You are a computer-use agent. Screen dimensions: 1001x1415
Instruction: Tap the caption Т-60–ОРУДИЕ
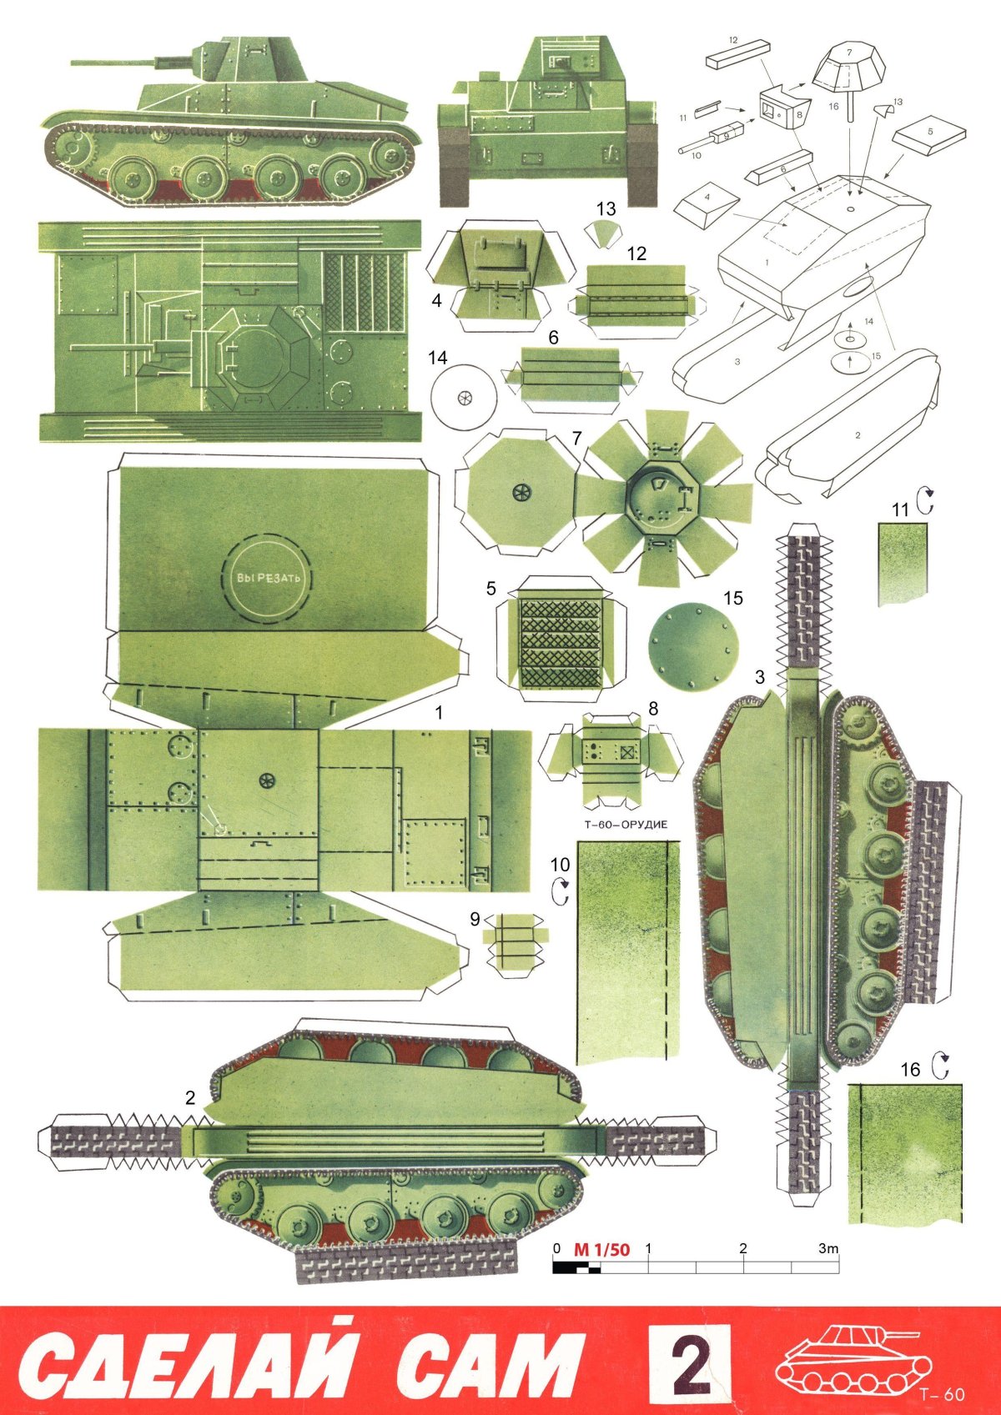coord(622,824)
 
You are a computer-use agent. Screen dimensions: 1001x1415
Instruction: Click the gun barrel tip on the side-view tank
coord(72,63)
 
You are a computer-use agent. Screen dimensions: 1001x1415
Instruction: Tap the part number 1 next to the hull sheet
coord(439,713)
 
